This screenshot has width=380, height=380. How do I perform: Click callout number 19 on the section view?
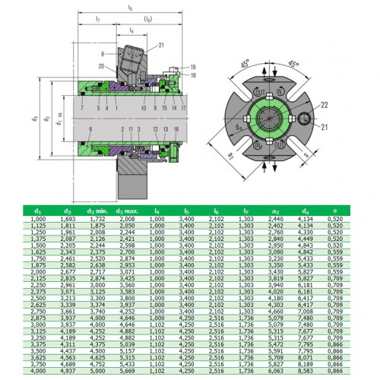pyautogui.click(x=193, y=68)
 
